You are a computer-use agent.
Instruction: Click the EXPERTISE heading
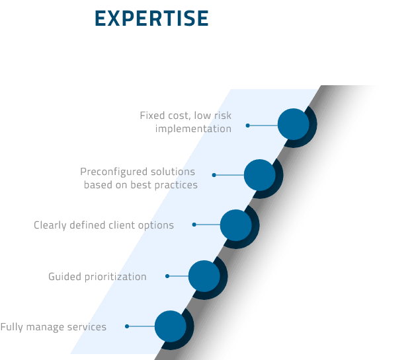[151, 18]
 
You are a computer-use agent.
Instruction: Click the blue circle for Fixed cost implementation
[294, 124]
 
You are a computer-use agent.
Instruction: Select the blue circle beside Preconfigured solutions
[259, 174]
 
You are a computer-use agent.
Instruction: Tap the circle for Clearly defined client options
[235, 225]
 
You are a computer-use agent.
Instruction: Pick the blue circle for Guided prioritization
[204, 275]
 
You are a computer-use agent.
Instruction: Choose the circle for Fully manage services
[170, 326]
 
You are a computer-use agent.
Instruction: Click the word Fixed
[151, 116]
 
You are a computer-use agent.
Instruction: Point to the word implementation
[193, 129]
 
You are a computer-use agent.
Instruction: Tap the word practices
[175, 185]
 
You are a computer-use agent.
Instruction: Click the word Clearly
[51, 225]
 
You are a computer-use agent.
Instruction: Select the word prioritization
[115, 276]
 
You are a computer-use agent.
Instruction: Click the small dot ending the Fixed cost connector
[248, 125]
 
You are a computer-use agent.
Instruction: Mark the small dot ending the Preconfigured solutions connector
[214, 175]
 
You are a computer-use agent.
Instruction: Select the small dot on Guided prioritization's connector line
[167, 276]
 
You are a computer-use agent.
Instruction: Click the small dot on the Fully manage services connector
[127, 326]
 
